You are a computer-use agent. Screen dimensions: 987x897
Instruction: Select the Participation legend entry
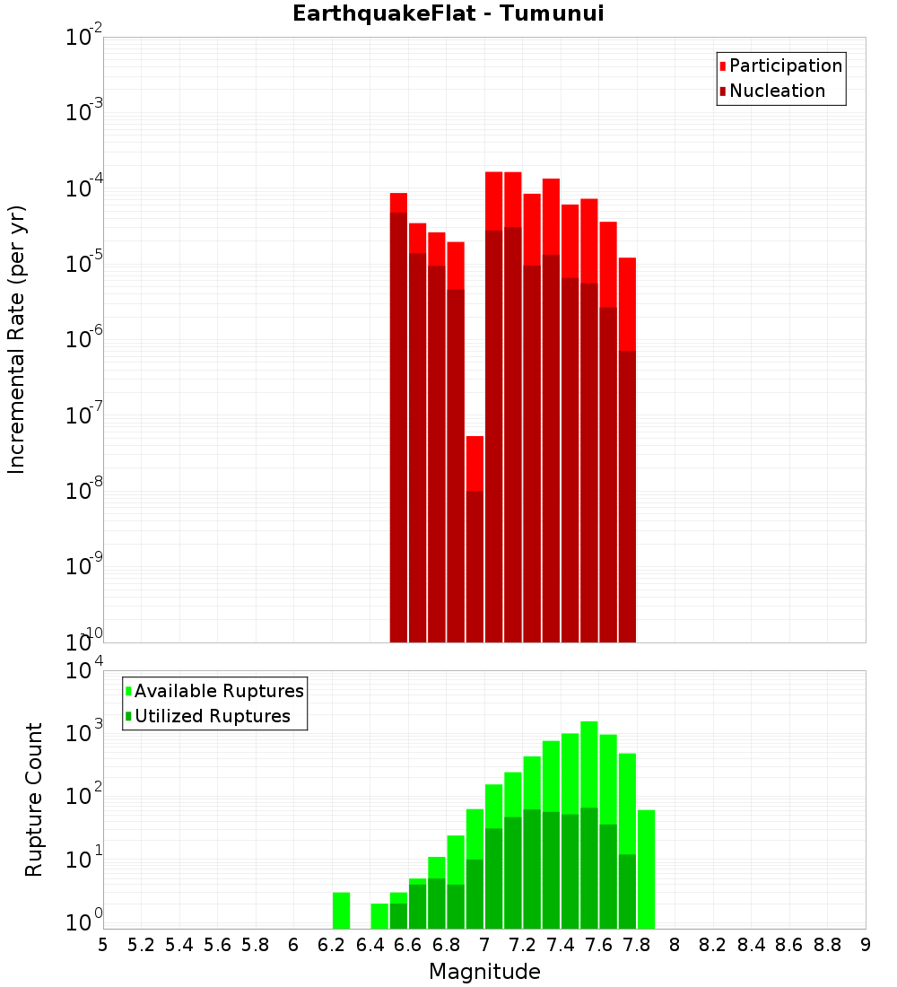(x=786, y=66)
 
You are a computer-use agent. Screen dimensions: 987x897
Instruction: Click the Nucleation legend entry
(x=777, y=91)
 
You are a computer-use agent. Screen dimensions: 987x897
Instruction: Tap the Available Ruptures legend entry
(x=219, y=691)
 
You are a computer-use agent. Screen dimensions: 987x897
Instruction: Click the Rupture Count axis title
(x=34, y=799)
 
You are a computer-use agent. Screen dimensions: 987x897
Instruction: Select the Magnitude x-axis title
(x=484, y=972)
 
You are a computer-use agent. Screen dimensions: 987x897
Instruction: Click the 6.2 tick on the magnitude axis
(x=331, y=945)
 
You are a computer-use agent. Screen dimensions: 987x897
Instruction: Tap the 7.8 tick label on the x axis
(x=636, y=945)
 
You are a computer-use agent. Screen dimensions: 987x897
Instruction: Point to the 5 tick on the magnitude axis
(x=102, y=945)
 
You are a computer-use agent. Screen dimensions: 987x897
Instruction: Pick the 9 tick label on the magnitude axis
(x=865, y=945)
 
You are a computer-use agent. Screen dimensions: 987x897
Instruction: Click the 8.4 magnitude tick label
(x=751, y=945)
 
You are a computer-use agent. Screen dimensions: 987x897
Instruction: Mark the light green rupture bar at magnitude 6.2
(x=341, y=911)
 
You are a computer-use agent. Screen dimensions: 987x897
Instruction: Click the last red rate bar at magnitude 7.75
(x=627, y=449)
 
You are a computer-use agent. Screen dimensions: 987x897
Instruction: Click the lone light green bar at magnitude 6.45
(x=379, y=916)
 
